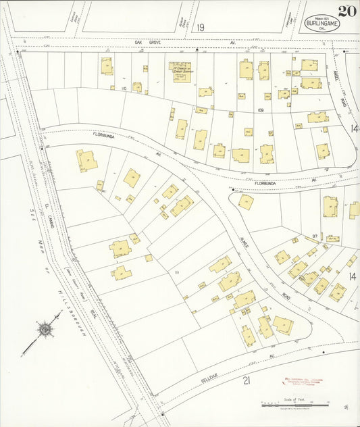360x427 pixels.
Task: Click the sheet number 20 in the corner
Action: [x=347, y=11]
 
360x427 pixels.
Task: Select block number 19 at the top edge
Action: [x=201, y=28]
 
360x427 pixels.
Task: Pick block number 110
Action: [x=124, y=89]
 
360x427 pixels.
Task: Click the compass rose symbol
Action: [x=46, y=330]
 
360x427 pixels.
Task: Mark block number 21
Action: [x=246, y=380]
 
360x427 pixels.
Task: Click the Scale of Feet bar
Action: [x=294, y=405]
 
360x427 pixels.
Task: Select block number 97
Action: [x=314, y=236]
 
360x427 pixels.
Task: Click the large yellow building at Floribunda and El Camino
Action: [x=86, y=160]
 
